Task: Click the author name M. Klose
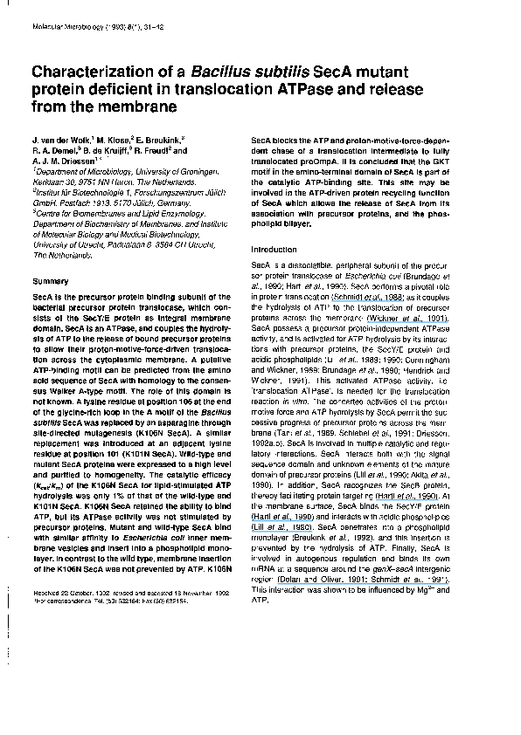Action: [115, 139]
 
